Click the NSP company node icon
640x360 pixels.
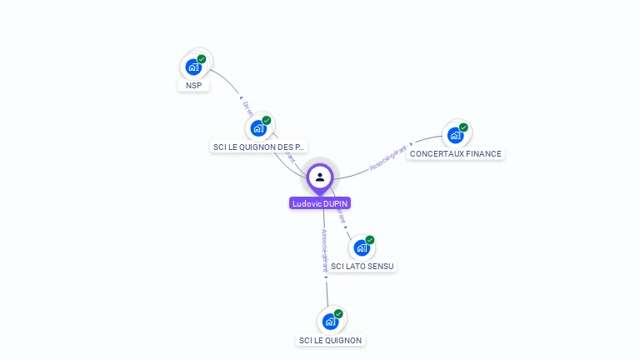[194, 67]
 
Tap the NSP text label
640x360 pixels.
[194, 85]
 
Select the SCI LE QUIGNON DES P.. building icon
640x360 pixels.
[258, 129]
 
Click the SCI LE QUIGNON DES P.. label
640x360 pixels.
[259, 147]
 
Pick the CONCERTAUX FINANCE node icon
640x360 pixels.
[455, 135]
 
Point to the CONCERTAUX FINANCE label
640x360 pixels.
[456, 153]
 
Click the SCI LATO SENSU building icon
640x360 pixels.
[361, 247]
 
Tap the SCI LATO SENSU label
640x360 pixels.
[362, 266]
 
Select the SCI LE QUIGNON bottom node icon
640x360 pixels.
[330, 322]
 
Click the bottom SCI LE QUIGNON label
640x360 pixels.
[331, 340]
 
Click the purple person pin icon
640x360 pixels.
[320, 177]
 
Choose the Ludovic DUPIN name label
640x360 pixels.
[320, 203]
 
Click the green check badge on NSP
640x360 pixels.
[202, 59]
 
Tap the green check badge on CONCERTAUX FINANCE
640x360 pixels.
[463, 127]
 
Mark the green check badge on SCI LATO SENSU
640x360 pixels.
[369, 240]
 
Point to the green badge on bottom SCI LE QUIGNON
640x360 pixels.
[338, 314]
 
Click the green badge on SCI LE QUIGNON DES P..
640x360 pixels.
[267, 121]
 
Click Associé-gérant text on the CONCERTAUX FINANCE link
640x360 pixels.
[388, 158]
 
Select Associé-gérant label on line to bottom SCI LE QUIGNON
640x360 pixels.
[325, 250]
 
